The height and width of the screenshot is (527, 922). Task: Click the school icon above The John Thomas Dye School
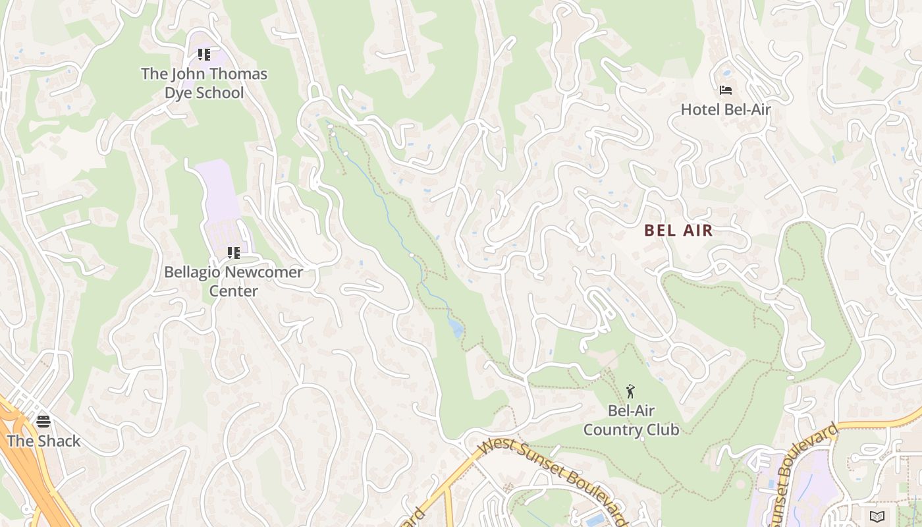pos(204,55)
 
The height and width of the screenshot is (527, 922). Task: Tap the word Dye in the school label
pos(179,93)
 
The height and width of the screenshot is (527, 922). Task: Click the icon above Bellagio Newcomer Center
pos(233,253)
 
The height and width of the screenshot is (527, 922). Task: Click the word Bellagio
pos(192,272)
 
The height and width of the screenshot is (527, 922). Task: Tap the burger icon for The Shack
pos(43,422)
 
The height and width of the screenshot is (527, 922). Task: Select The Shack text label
pos(43,441)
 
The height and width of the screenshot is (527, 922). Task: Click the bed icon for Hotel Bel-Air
pos(726,90)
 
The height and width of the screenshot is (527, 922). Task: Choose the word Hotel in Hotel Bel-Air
pos(700,109)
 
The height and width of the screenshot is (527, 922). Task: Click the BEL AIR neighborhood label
pos(678,231)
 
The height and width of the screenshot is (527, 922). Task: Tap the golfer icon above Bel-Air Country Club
pos(631,391)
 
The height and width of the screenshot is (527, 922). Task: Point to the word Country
pos(612,430)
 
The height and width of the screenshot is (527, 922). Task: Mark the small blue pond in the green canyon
pos(456,329)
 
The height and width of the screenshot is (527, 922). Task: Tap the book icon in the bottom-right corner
pos(876,516)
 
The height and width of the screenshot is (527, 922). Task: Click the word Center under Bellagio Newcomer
pos(233,291)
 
